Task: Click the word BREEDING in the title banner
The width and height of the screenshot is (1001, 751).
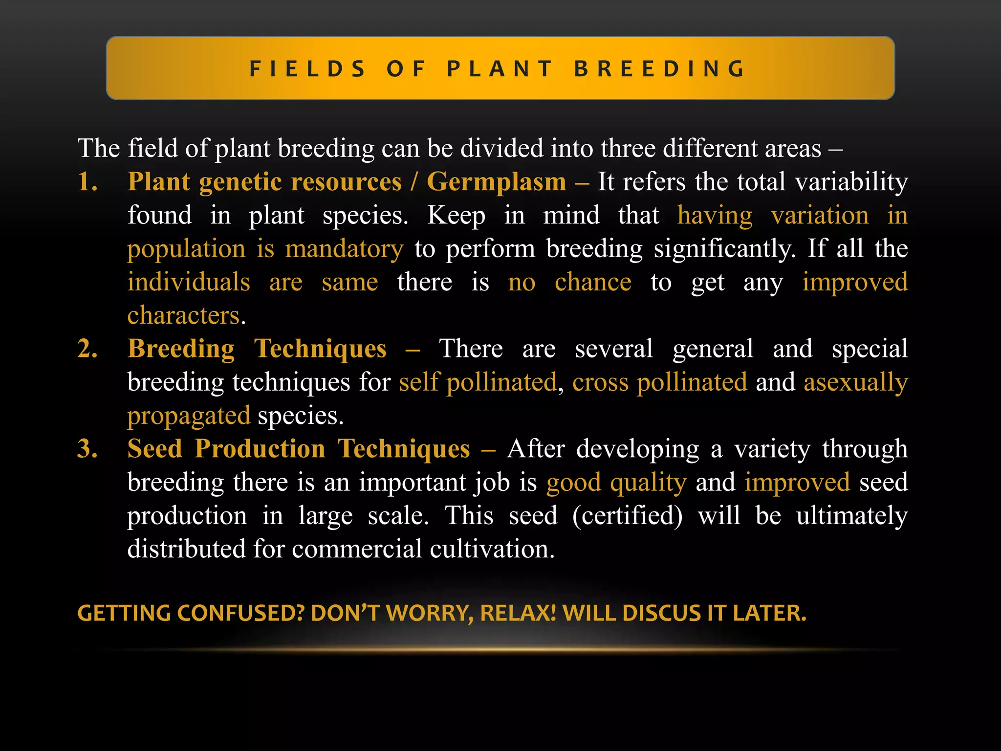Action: coord(660,68)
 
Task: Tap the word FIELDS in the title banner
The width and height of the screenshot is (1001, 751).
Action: coord(307,68)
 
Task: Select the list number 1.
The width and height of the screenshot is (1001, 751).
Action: coord(87,182)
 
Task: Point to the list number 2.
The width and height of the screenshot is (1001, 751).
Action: coord(87,349)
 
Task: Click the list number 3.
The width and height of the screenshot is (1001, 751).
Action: coord(87,449)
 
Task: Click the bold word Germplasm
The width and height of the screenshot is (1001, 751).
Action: coord(496,182)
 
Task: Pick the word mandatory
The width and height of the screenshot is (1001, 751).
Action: coord(344,248)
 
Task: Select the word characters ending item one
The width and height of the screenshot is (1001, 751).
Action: coord(184,315)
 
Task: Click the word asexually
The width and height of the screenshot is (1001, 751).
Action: coord(855,382)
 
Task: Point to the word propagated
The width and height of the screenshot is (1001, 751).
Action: coord(189,416)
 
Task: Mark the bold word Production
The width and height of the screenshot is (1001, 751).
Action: coord(260,449)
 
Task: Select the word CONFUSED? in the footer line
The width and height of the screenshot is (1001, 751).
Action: coord(240,613)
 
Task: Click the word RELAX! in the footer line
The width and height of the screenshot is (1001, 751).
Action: coord(519,613)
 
